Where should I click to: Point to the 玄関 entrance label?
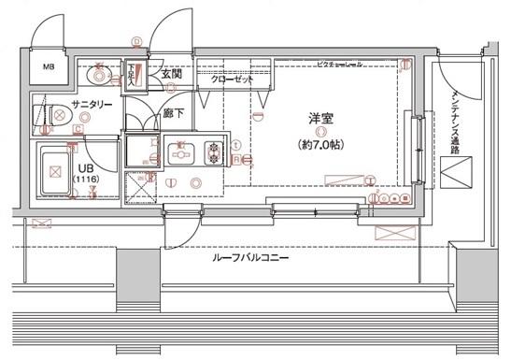170,74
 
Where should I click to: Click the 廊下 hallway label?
172,112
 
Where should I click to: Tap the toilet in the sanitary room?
58,116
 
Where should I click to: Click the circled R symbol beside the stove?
238,160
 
